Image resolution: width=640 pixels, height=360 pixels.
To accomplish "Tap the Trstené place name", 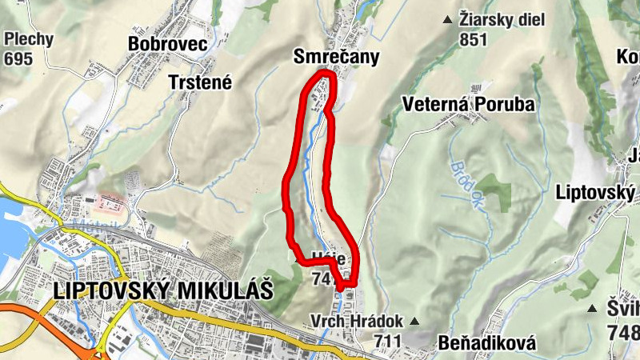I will click(199, 82).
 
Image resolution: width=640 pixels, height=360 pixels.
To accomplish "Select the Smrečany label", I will click(335, 57).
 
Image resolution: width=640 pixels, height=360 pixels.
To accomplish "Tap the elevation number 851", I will click(474, 39).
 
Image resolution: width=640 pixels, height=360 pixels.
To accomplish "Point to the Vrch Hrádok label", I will click(356, 321).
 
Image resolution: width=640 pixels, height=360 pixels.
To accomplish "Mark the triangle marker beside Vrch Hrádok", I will click(414, 322).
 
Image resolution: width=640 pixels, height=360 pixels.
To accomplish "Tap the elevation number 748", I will click(622, 330).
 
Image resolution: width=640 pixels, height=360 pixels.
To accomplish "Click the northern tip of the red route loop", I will click(324, 74).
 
